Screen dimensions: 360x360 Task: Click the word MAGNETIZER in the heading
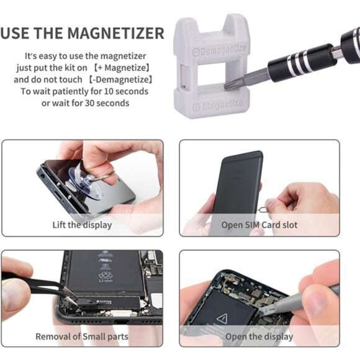pyautogui.click(x=115, y=34)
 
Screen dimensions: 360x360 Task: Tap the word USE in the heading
pyautogui.click(x=16, y=34)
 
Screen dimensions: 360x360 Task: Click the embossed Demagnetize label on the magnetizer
pyautogui.click(x=219, y=50)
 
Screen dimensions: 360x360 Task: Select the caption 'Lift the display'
pyautogui.click(x=82, y=225)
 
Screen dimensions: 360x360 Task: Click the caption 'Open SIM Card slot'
pyautogui.click(x=259, y=225)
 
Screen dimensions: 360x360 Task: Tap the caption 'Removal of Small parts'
pyautogui.click(x=82, y=336)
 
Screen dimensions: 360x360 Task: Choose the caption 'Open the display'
pyautogui.click(x=259, y=336)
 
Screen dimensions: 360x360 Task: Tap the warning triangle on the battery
pyautogui.click(x=222, y=318)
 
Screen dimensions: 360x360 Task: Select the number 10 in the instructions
pyautogui.click(x=109, y=91)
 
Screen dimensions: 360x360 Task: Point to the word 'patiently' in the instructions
pyautogui.click(x=70, y=92)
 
